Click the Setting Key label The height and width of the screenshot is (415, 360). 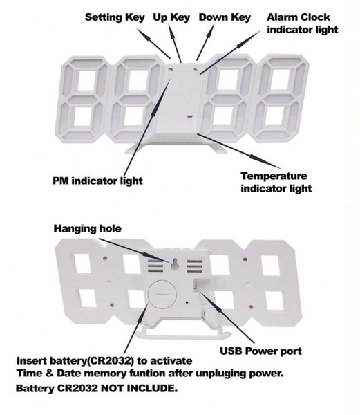pos(115,17)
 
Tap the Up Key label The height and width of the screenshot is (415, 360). pos(171,17)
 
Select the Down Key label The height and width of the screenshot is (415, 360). pos(225,17)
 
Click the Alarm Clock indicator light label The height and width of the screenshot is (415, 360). pos(303,24)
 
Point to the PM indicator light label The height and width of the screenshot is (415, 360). pos(97,181)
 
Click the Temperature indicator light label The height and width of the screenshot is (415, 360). pos(276,182)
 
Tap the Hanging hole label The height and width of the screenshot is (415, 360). pos(88,228)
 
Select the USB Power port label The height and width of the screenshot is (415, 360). pos(260,351)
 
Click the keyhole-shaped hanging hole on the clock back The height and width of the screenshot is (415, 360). pos(174,265)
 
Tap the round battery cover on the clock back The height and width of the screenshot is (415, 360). pos(162,294)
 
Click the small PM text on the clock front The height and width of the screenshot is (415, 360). pos(170,70)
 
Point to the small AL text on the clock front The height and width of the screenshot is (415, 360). pos(196,69)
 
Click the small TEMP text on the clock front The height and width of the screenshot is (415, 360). pos(189,116)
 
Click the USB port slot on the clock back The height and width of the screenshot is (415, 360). pos(195,286)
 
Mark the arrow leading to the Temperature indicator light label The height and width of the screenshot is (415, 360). pos(240,151)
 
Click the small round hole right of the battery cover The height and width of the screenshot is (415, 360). pos(187,302)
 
